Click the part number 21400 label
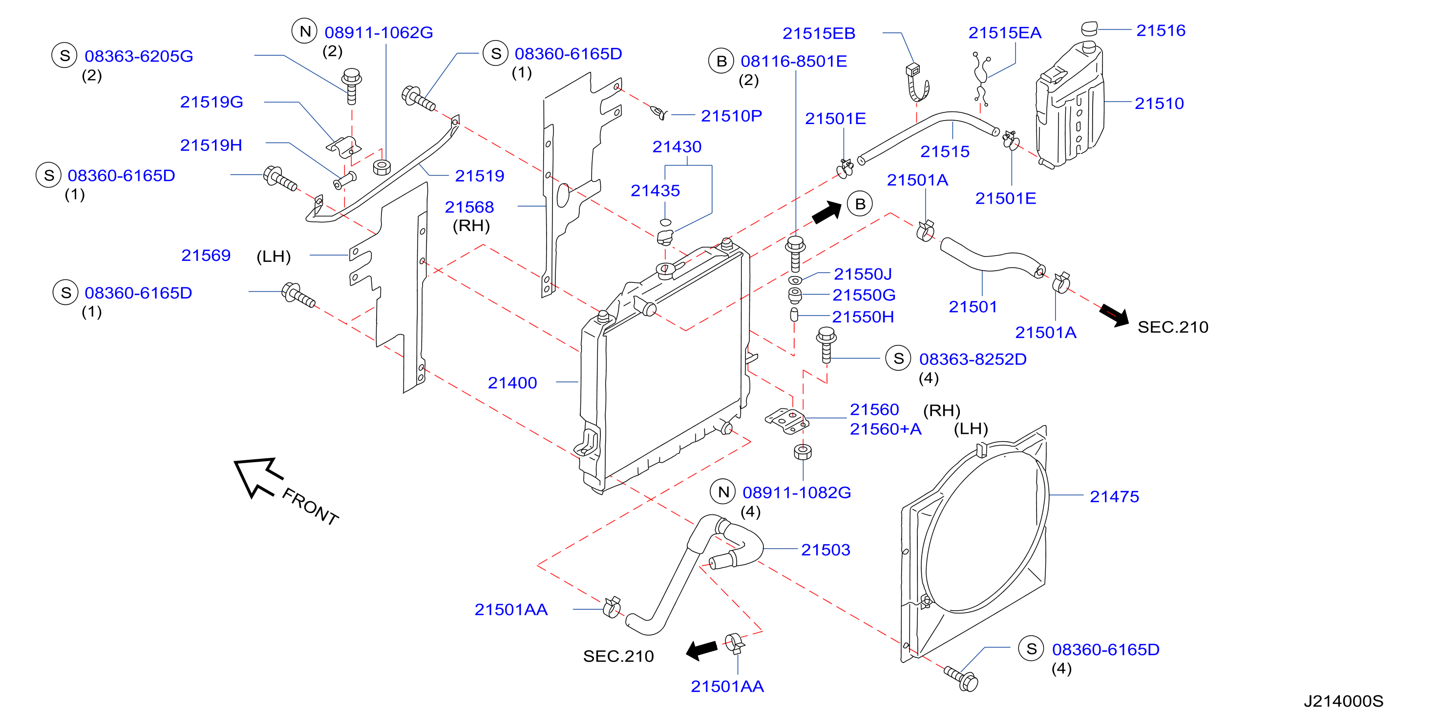tap(512, 383)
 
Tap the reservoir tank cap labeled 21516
tap(1089, 28)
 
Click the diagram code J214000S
tap(1343, 701)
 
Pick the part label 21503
tap(825, 550)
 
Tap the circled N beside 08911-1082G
tap(723, 492)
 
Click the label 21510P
tap(731, 116)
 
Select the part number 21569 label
tap(206, 255)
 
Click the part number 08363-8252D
tap(973, 359)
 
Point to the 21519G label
tap(211, 102)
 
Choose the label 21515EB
tap(818, 34)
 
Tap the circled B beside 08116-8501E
tap(721, 61)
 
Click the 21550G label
tap(864, 295)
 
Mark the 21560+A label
tap(886, 429)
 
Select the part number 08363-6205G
tap(139, 56)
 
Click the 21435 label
tap(655, 191)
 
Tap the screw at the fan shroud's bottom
tap(961, 678)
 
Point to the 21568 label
tap(469, 207)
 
